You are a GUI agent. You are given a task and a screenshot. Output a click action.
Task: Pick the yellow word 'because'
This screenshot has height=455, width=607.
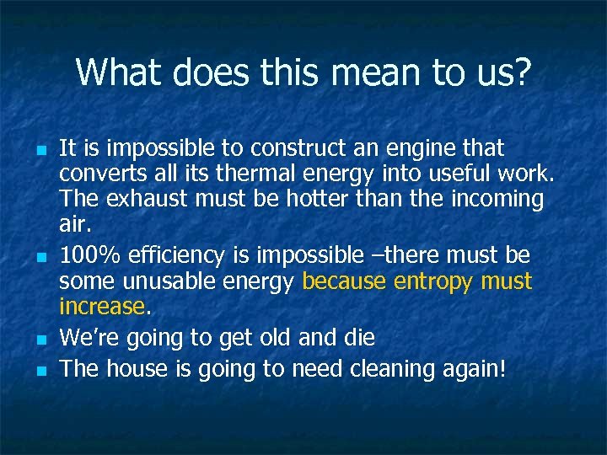[x=345, y=280]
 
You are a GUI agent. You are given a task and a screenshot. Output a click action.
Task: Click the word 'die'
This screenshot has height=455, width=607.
[x=358, y=337]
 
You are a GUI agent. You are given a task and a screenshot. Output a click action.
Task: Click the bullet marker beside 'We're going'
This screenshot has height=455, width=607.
[x=40, y=339]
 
